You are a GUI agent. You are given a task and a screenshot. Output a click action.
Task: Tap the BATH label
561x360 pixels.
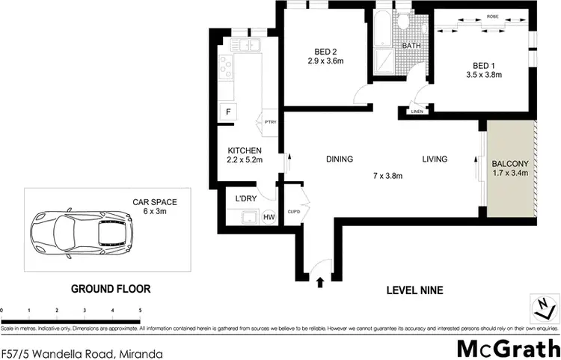tap(411, 46)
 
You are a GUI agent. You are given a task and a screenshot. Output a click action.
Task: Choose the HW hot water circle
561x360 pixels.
tap(268, 217)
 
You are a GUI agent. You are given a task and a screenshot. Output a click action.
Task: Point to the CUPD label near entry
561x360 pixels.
tap(294, 211)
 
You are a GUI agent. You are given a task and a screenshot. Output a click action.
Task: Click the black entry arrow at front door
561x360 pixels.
tap(321, 282)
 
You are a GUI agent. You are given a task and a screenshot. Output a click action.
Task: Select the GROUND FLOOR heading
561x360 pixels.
tap(111, 288)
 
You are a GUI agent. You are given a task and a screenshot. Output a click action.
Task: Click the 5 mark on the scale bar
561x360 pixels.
tap(140, 309)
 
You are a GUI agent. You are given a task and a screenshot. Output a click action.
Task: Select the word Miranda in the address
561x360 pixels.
tap(142, 352)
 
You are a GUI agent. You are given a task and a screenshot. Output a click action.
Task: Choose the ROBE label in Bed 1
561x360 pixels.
tap(491, 16)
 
